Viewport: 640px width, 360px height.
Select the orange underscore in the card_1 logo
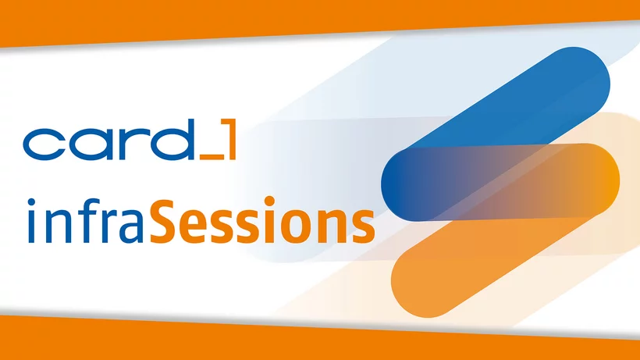coord(212,157)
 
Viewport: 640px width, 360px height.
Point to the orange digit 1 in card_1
coord(229,139)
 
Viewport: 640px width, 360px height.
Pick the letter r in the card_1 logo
coord(127,144)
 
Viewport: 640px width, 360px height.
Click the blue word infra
coord(86,221)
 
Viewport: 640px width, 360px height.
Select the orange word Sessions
coord(262,220)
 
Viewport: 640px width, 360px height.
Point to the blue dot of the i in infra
coord(31,202)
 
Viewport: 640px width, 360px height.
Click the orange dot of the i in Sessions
coord(269,201)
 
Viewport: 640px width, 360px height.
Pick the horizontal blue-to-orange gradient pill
coord(500,182)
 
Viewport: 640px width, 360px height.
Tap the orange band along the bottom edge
coord(320,340)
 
